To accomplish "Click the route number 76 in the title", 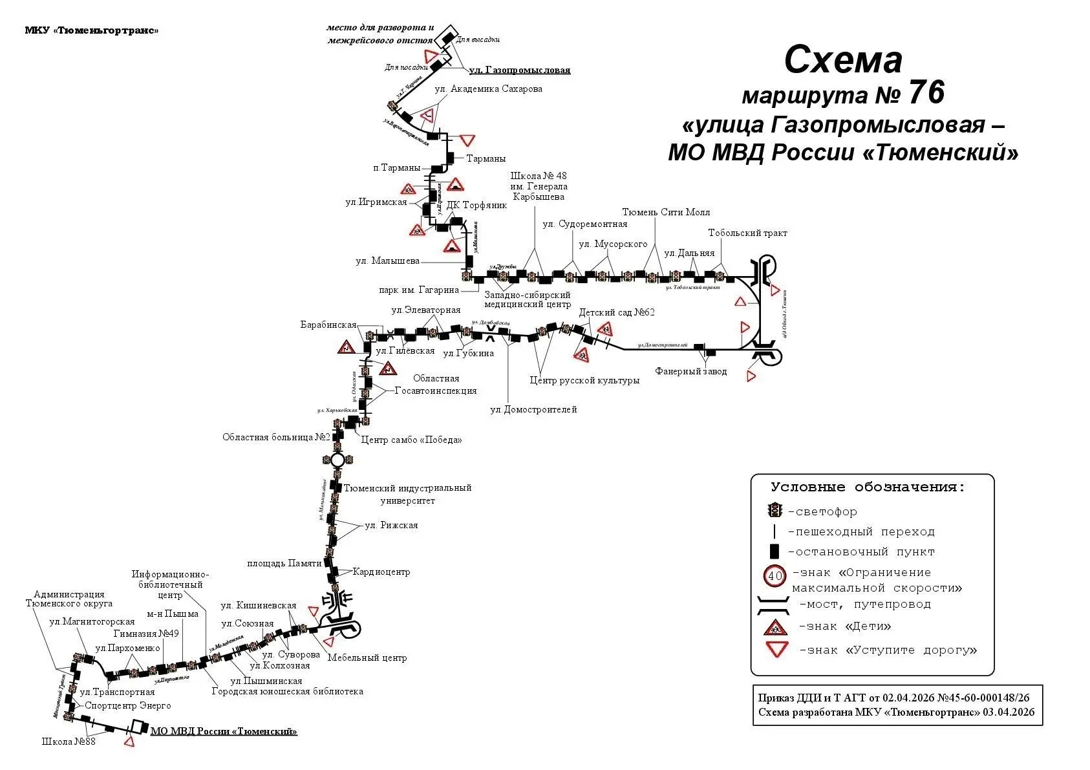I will click(926, 93).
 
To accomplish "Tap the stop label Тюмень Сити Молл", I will click(666, 212).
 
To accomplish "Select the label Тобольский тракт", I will click(747, 233).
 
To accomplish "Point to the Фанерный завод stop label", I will click(690, 372).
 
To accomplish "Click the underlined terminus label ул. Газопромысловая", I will click(519, 70).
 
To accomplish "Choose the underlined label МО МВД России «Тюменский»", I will click(224, 731).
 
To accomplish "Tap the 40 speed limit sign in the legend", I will click(775, 575).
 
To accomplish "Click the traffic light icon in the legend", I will click(774, 511).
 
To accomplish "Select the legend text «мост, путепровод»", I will click(865, 604).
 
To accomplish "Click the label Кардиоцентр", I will click(381, 572).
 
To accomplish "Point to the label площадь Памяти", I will click(284, 563).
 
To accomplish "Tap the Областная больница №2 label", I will click(276, 438).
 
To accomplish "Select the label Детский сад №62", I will click(617, 312).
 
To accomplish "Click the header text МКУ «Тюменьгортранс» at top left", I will click(91, 30).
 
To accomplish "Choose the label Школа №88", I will click(68, 742).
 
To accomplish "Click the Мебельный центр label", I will click(367, 658).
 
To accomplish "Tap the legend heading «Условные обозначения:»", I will click(868, 487).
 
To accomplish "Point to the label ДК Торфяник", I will click(477, 206).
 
